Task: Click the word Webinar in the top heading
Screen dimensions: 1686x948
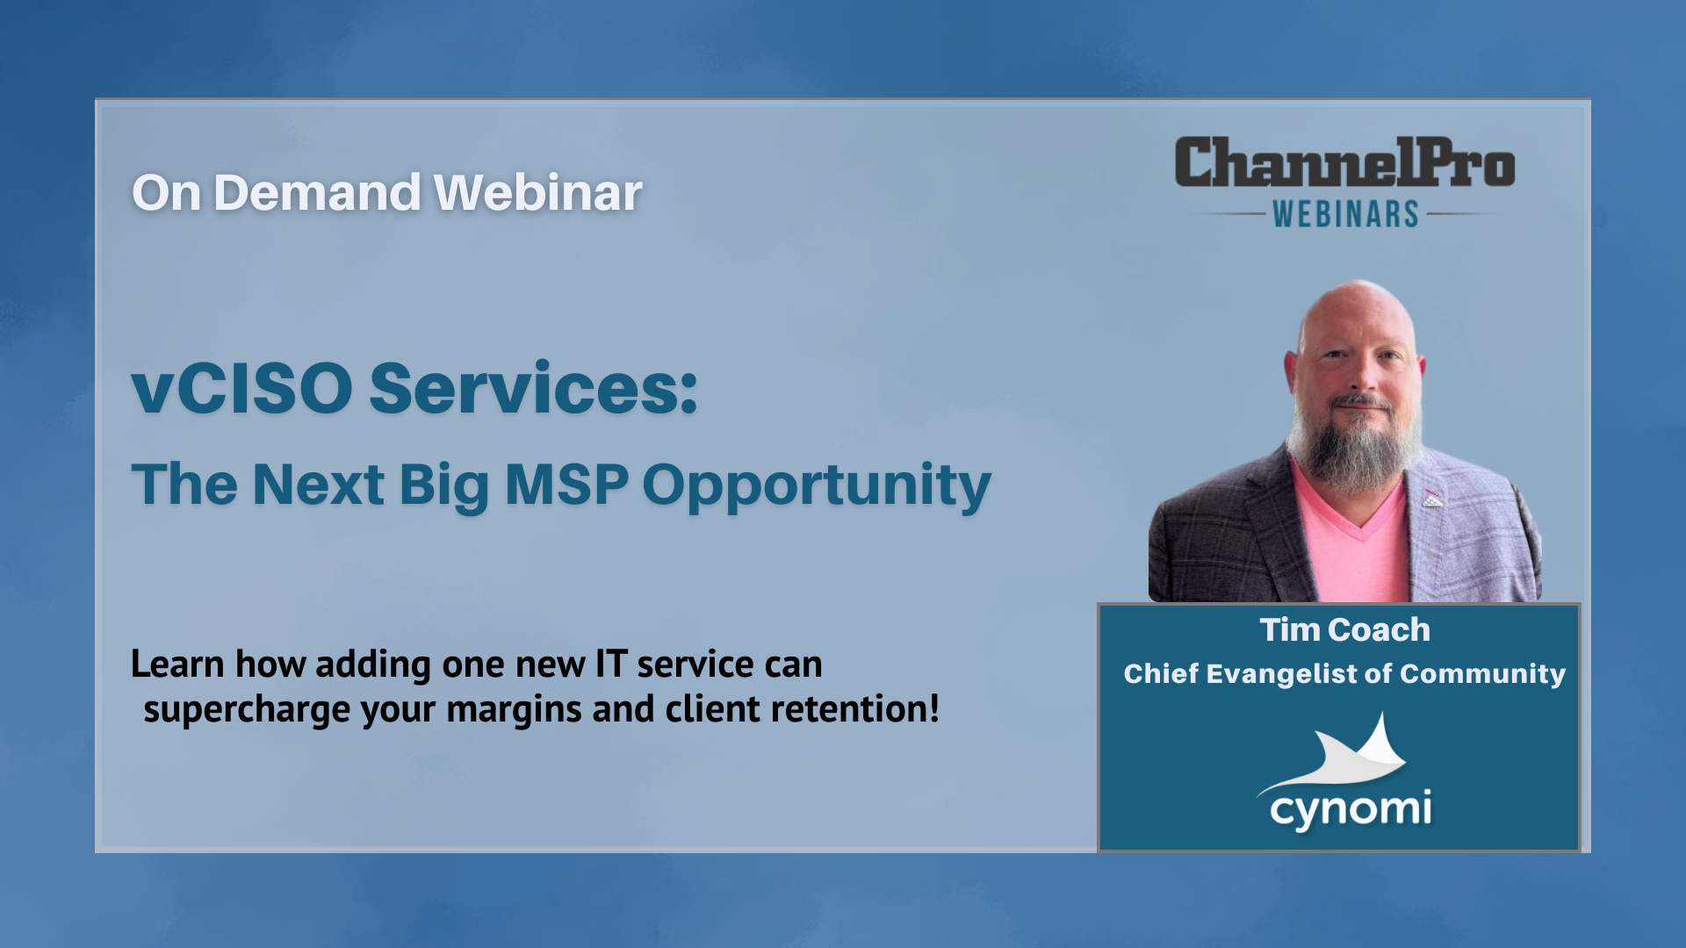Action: tap(538, 192)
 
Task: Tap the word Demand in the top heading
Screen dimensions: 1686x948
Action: tap(317, 192)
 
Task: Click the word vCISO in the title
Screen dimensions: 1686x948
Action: tap(242, 388)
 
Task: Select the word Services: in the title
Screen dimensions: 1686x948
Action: tap(534, 388)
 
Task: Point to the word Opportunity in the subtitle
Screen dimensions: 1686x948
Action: tap(817, 486)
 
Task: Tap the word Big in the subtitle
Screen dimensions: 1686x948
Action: tap(443, 486)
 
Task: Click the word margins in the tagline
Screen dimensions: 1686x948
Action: tap(514, 710)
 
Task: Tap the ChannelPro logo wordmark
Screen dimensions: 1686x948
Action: tap(1345, 162)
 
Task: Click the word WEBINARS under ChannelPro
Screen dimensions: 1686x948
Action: tap(1346, 214)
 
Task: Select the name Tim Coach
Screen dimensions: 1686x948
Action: tap(1345, 629)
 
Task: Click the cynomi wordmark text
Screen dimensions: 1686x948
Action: tap(1351, 809)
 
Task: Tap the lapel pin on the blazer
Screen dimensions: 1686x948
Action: tap(1432, 499)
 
